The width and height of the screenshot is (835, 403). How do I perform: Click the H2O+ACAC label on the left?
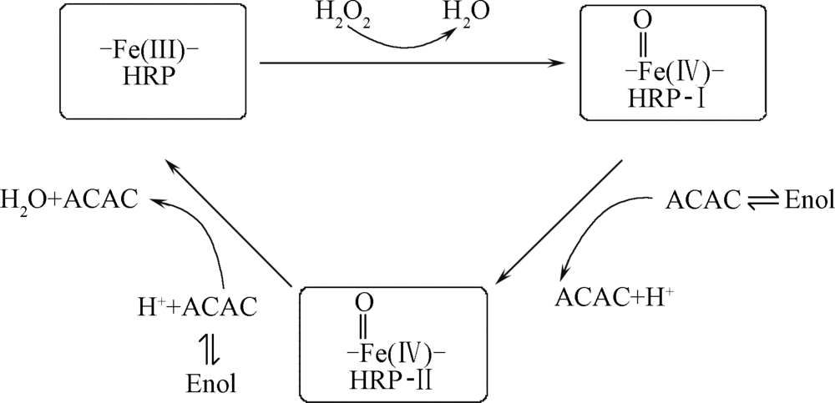(69, 199)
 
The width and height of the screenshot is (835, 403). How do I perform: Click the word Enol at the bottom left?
(211, 383)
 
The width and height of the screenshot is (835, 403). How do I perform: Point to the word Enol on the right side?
(805, 201)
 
